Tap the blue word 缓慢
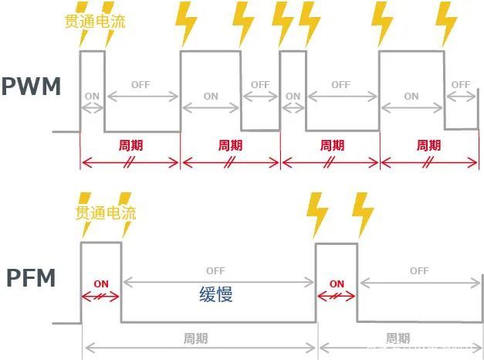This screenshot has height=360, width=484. pyautogui.click(x=215, y=294)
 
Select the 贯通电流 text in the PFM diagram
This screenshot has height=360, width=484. pyautogui.click(x=105, y=212)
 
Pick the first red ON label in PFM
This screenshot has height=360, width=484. pyautogui.click(x=101, y=284)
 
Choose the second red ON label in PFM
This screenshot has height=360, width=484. pyautogui.click(x=337, y=284)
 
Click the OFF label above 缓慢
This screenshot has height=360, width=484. pyautogui.click(x=215, y=271)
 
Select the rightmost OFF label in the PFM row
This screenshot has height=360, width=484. pyautogui.click(x=419, y=271)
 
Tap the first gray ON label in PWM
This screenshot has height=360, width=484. pyautogui.click(x=92, y=97)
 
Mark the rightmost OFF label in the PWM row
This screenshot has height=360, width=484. pyautogui.click(x=461, y=84)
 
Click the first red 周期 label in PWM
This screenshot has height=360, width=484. pyautogui.click(x=130, y=144)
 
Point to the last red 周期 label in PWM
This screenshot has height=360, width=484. pyautogui.click(x=428, y=144)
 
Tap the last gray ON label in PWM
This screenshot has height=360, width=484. pyautogui.click(x=411, y=97)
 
